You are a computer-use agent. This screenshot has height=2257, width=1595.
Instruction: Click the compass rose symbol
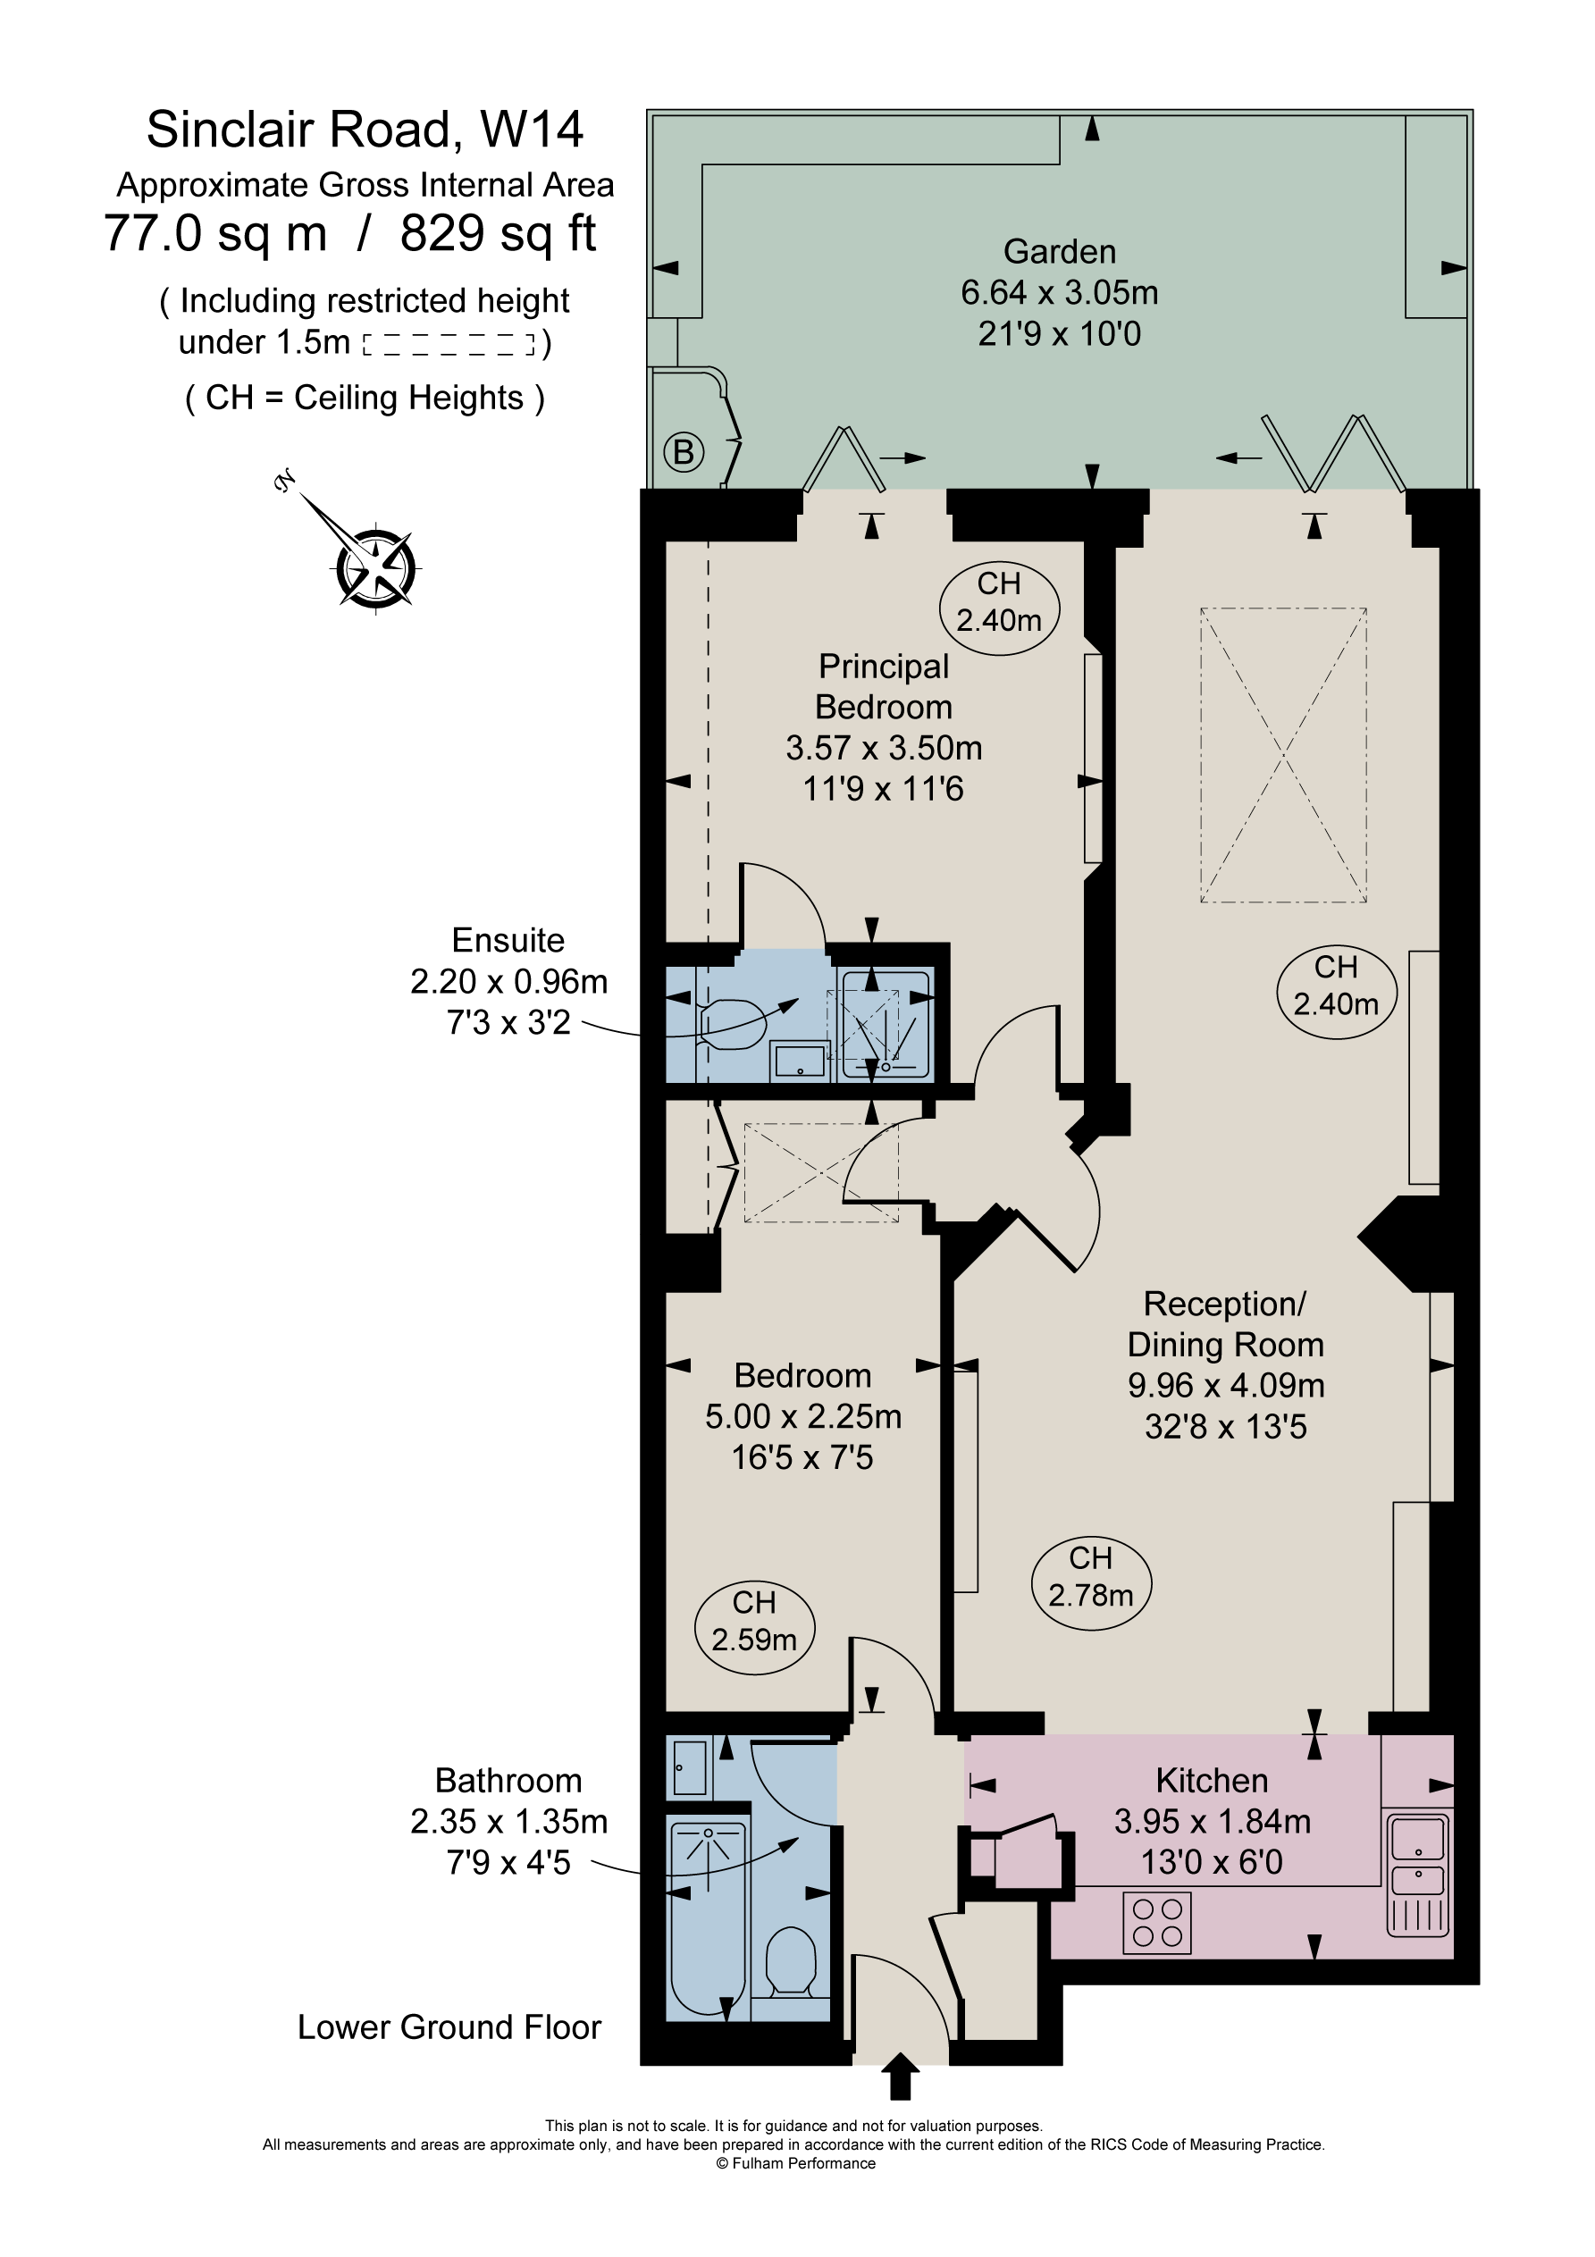pos(375,568)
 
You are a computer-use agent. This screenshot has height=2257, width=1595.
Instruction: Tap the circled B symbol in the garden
pos(684,452)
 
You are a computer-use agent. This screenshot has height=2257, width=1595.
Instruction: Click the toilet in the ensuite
pos(732,1024)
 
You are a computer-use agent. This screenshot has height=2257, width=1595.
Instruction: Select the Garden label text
pos(1059,252)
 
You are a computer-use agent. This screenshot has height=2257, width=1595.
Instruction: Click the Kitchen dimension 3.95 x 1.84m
pos(1212,1822)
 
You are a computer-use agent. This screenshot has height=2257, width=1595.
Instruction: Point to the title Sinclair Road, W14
pos(365,130)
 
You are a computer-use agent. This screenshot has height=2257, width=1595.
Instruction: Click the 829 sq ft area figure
pos(498,234)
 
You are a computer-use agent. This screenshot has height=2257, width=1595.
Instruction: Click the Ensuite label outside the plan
pos(508,941)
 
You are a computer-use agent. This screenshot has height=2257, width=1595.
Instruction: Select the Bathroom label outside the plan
pos(508,1780)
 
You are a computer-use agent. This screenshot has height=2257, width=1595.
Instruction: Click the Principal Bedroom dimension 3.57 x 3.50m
pos(883,748)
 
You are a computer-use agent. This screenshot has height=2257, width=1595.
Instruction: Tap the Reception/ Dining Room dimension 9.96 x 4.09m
pos(1225,1385)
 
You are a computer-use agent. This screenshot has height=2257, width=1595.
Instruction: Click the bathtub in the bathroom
pos(706,1917)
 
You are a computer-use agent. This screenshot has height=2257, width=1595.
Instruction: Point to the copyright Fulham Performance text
pos(795,2162)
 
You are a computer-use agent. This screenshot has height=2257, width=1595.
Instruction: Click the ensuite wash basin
pos(801,1061)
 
